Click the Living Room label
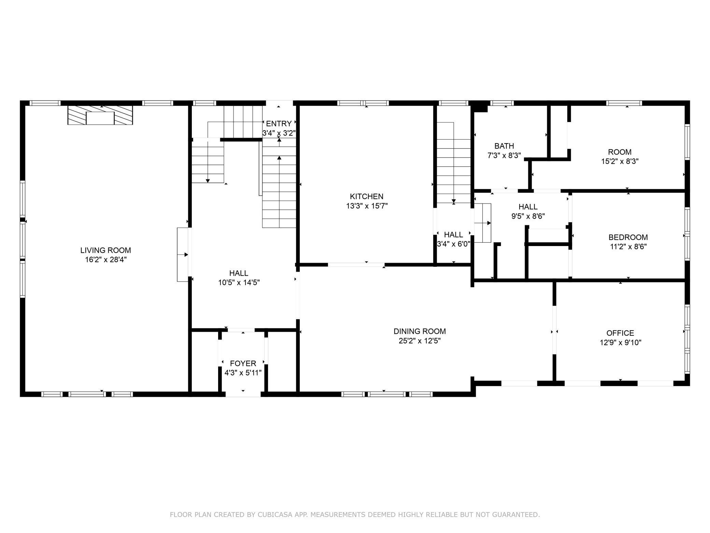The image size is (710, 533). (x=105, y=250)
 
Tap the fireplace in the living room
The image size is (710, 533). (x=100, y=115)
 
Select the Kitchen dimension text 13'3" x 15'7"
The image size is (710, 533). (x=367, y=206)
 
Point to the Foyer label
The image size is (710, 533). (x=243, y=363)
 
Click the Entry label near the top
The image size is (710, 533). (x=279, y=124)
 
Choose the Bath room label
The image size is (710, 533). (x=504, y=146)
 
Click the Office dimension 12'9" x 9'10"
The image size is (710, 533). (x=620, y=342)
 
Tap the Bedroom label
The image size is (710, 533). (x=628, y=237)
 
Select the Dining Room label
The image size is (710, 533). (x=420, y=331)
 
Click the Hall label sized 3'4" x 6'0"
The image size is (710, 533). (x=453, y=235)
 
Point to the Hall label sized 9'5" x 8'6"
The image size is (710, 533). (x=528, y=207)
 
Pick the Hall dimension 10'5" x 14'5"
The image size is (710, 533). (x=239, y=283)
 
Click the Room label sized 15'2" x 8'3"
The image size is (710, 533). (x=620, y=152)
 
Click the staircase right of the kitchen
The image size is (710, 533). (x=453, y=164)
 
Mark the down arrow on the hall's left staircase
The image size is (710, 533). (x=208, y=180)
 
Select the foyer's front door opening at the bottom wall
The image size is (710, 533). (x=243, y=394)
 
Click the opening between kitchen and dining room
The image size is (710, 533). (x=356, y=264)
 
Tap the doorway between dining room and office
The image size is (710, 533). (x=554, y=330)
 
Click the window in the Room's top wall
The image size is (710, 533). (x=624, y=103)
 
